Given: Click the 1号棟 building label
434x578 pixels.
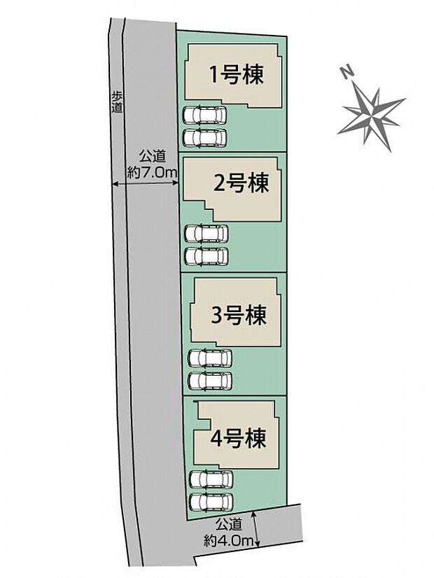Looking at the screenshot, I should [238, 76].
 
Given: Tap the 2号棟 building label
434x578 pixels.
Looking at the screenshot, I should [241, 185].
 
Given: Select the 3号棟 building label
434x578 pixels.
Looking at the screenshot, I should [239, 316].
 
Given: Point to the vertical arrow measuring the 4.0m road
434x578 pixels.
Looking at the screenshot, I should [259, 528].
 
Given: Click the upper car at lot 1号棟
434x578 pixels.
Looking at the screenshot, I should [204, 115].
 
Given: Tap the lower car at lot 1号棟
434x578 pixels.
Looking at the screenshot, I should [204, 136].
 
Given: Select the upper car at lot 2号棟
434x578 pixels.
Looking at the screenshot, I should [205, 234].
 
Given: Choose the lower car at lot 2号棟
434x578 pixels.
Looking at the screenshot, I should [205, 256].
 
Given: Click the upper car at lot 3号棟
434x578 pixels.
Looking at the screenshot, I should [210, 358].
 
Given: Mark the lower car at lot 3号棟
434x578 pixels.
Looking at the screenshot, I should [210, 381].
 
